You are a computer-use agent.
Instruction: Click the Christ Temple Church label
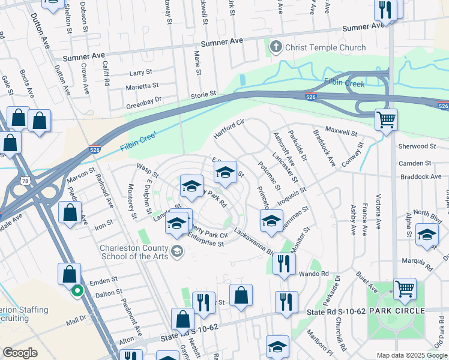[x=326, y=47]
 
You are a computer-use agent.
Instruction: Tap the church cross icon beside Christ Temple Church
[x=277, y=47]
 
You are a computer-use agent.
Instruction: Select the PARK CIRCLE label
[x=397, y=311]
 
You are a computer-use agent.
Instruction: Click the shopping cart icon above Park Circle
[x=405, y=289]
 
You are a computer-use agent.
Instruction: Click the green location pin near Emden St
[x=77, y=292]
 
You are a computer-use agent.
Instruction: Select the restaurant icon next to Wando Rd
[x=284, y=263]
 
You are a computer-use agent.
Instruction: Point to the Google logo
[x=20, y=353]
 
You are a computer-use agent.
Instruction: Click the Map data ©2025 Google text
[x=412, y=355]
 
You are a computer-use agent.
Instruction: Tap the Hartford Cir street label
[x=231, y=128]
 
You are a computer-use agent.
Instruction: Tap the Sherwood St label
[x=417, y=146]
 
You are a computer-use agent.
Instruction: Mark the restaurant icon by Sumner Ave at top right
[x=385, y=9]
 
